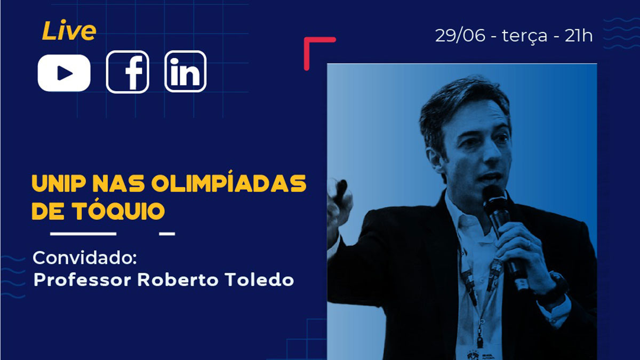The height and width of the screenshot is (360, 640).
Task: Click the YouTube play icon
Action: click(64, 73)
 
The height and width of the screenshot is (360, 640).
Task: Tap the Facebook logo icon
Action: click(127, 72)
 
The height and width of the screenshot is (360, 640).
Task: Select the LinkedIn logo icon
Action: click(186, 71)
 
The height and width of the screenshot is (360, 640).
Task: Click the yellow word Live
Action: click(69, 30)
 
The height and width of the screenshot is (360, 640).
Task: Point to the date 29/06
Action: click(460, 36)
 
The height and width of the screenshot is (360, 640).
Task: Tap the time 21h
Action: click(579, 36)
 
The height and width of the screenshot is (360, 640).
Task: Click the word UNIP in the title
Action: click(59, 183)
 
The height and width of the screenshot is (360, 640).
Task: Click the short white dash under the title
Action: click(167, 234)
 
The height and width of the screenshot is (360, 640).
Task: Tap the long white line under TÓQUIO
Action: click(83, 234)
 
